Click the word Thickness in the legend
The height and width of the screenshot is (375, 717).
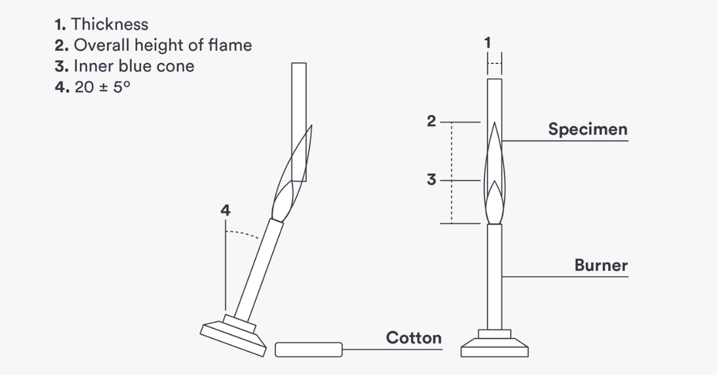[110, 24]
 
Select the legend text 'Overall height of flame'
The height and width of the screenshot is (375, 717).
[163, 45]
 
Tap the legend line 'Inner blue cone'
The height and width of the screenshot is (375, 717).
[134, 66]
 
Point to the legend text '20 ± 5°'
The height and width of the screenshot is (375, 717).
[102, 87]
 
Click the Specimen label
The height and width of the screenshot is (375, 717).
[588, 129]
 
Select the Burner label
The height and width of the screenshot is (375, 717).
[601, 265]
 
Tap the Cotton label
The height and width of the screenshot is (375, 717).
[414, 338]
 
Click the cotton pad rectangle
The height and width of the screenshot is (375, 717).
[309, 350]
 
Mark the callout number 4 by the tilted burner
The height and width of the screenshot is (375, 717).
[225, 210]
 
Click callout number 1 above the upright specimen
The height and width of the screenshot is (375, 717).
[488, 42]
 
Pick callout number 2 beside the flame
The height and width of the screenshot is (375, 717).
[431, 121]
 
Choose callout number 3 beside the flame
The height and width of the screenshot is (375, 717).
[431, 180]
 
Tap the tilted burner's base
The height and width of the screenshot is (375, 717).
[233, 336]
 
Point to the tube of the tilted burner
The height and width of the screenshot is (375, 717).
[259, 270]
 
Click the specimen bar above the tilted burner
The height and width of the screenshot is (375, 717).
[299, 122]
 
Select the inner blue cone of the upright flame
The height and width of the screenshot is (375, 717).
[495, 203]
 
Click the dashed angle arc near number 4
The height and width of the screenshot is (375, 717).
[243, 233]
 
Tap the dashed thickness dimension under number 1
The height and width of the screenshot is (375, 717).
[495, 63]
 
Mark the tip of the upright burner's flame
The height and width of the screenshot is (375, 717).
[495, 122]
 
